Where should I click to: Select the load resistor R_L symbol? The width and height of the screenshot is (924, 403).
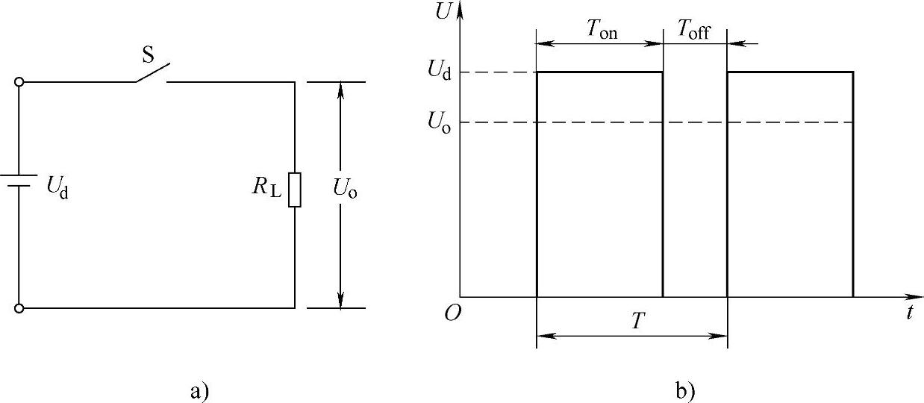pyautogui.click(x=295, y=189)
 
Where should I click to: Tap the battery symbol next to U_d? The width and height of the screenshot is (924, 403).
pyautogui.click(x=19, y=184)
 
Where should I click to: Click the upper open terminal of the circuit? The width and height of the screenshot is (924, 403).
pyautogui.click(x=19, y=82)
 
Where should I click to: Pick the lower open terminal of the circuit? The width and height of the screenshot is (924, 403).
pyautogui.click(x=19, y=307)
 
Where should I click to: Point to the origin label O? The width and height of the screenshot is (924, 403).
pyautogui.click(x=452, y=313)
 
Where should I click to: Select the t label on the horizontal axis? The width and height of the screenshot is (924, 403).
pyautogui.click(x=910, y=313)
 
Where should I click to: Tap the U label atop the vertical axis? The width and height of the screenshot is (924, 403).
pyautogui.click(x=443, y=13)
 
